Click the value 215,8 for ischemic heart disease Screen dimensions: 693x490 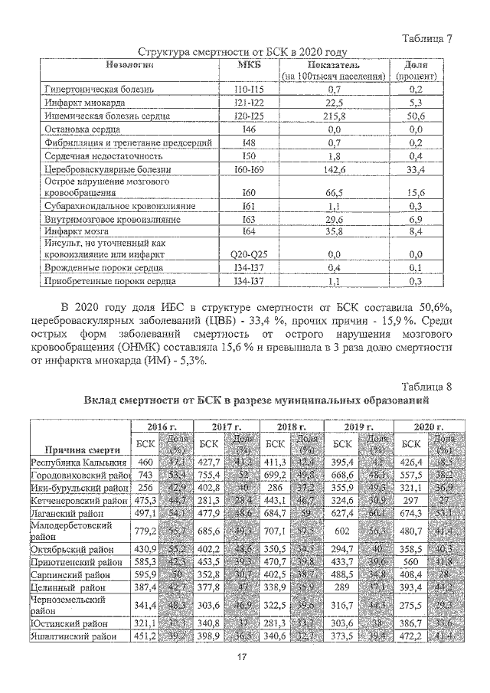coord(334,116)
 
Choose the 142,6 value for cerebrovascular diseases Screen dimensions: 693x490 coord(333,169)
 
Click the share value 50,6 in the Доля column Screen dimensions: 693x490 coord(416,116)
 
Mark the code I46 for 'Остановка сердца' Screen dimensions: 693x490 coord(248,129)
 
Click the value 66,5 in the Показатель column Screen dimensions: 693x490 coord(333,193)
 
